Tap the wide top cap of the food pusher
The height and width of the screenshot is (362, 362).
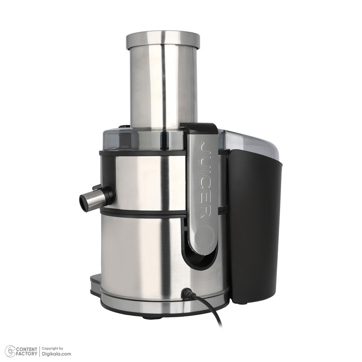tap(163, 40)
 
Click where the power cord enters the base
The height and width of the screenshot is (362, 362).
tap(186, 292)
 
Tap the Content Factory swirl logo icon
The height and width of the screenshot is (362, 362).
tap(10, 351)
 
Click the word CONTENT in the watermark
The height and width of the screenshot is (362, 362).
tap(27, 349)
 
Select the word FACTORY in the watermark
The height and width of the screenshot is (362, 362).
tap(27, 354)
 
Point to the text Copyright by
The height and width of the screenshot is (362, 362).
tap(52, 348)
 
